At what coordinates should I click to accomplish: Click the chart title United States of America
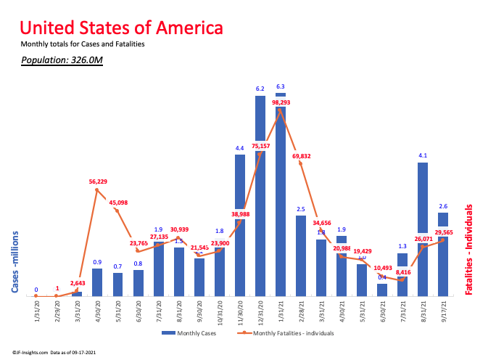(121, 28)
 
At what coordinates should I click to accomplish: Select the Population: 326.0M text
(62, 60)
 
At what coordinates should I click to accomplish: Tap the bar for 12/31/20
(260, 196)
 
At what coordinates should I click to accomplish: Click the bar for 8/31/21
(423, 229)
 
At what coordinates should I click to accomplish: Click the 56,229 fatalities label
(97, 182)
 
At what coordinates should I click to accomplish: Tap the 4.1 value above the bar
(423, 155)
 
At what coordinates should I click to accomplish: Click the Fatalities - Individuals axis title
(469, 248)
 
